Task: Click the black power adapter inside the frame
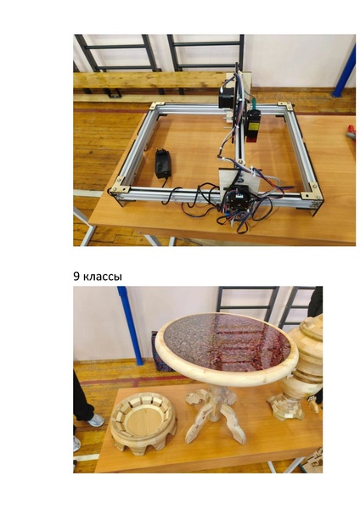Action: tap(163, 163)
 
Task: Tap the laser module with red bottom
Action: tap(253, 126)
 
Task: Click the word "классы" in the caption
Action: tap(103, 277)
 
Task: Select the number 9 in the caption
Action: tap(76, 277)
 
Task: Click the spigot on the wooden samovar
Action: tap(313, 405)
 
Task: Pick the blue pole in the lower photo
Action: tap(131, 326)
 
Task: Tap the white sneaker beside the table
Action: tap(96, 421)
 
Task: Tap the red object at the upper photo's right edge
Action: tap(351, 131)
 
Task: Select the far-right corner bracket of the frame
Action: tap(285, 106)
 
